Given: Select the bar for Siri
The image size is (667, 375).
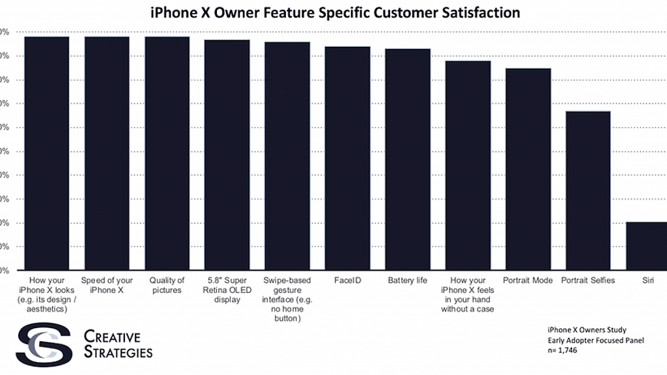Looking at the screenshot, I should tap(647, 246).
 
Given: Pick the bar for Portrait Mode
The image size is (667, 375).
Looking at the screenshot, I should tap(528, 169).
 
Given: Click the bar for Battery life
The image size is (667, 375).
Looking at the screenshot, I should tap(408, 159).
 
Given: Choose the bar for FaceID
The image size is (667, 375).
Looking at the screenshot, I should tap(348, 158).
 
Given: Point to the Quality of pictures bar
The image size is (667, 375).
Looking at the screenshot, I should tap(167, 153).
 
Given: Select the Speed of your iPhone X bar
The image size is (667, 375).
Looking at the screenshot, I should tap(107, 153).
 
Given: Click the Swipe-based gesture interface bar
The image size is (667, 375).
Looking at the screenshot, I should tap(287, 156).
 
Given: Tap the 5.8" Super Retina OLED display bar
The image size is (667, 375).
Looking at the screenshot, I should tap(227, 155).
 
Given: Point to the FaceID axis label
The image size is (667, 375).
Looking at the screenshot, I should tap(348, 281).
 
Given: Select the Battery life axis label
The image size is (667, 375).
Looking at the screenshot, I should tap(408, 281).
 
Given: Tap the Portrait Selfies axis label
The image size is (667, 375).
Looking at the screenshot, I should tap(588, 281).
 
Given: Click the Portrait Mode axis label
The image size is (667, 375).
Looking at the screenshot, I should tap(528, 281).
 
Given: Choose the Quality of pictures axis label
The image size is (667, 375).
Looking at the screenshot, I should tap(167, 285).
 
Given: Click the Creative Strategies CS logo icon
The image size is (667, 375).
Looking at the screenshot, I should tap(44, 344).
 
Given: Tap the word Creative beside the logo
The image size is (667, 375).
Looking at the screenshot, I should tap(112, 337).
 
